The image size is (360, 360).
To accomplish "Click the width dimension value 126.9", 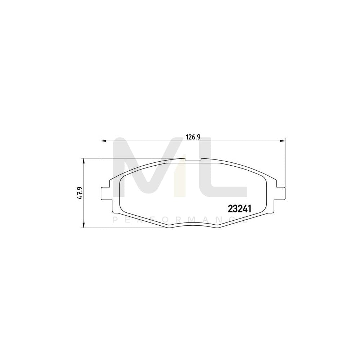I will coord(193,137).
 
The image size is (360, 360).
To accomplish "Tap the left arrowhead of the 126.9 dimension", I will coord(103,141).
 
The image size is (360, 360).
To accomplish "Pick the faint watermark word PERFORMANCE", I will coord(180,220).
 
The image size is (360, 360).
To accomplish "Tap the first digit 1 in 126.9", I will coord(187,137).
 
